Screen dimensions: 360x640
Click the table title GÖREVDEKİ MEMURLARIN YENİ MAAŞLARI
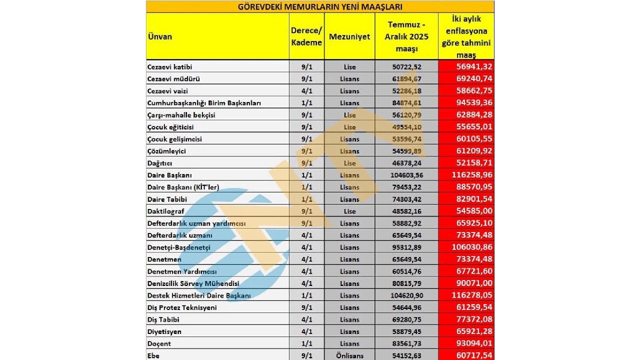[320, 6]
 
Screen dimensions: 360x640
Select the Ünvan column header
[160, 36]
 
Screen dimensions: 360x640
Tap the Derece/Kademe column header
[306, 36]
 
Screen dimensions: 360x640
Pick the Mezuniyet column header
[349, 36]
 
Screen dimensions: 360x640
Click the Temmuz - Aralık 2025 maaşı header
[406, 36]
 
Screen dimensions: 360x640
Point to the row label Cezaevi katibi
[170, 67]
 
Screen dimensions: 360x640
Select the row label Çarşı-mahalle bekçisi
[181, 115]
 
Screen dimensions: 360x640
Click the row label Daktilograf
[166, 211]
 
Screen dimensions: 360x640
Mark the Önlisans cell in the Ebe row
[349, 355]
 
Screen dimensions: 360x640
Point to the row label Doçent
[159, 343]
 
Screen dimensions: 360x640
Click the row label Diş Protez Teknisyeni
[182, 307]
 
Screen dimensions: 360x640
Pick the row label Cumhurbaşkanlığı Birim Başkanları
[204, 103]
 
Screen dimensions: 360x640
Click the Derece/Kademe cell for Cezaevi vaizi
[306, 91]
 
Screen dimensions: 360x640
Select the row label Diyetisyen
[164, 331]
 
